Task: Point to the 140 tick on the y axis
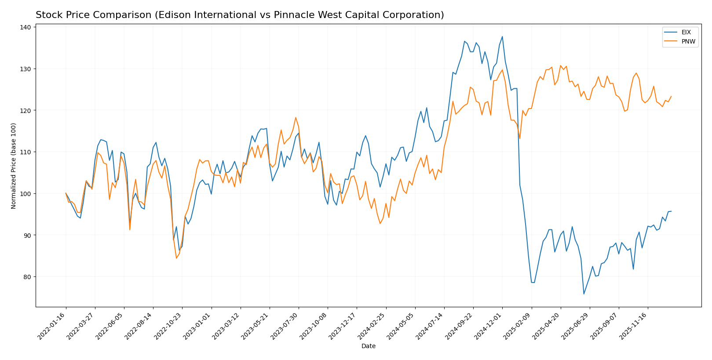[x=25, y=27]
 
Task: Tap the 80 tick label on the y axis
[x=26, y=277]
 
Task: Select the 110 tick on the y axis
[x=25, y=152]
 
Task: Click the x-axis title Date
[x=368, y=346]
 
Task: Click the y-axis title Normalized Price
[x=14, y=166]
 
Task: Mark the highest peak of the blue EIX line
[x=502, y=36]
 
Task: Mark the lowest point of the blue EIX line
[x=584, y=294]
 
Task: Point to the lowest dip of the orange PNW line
[x=176, y=258]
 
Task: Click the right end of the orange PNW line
[x=671, y=96]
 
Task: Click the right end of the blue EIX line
[x=671, y=211]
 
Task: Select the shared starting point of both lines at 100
[x=66, y=193]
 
